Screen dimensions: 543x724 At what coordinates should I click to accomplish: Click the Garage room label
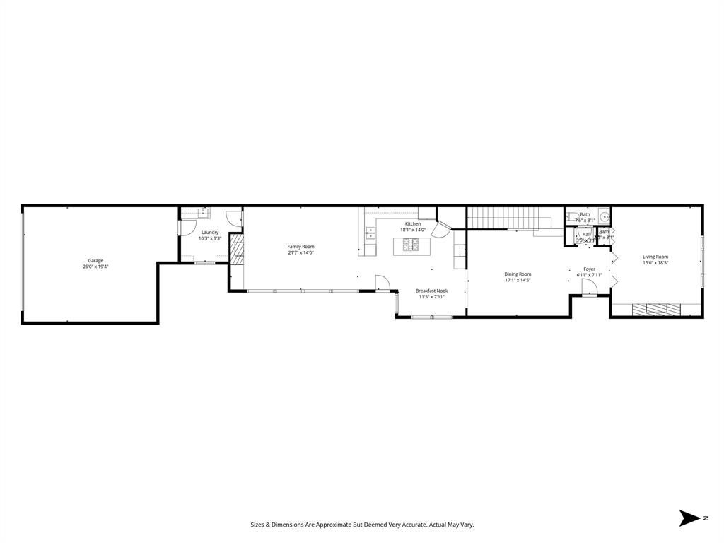[95, 260]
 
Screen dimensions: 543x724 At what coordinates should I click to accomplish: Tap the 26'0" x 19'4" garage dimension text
[95, 267]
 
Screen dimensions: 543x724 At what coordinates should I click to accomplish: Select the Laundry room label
[210, 232]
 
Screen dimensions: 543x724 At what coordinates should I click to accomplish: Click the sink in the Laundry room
[203, 212]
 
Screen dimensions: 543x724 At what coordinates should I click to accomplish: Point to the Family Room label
[300, 246]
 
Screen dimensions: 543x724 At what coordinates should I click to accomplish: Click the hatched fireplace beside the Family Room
[237, 250]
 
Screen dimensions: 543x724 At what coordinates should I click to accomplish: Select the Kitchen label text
[413, 223]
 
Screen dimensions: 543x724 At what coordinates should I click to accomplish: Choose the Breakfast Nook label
[431, 291]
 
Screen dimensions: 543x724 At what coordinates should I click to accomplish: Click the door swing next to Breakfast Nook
[383, 284]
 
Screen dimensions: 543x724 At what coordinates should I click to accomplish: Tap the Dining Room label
[518, 274]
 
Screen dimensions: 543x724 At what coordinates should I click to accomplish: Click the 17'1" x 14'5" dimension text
[518, 280]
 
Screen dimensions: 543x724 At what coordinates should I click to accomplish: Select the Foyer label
[589, 269]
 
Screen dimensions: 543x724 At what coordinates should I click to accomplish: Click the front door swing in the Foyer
[589, 286]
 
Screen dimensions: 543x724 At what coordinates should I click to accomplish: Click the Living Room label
[655, 257]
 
